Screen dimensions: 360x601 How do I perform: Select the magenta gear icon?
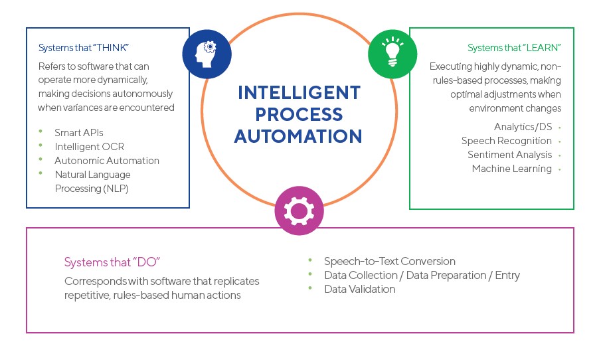click(299, 210)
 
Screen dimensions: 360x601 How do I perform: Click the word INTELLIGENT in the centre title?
click(299, 92)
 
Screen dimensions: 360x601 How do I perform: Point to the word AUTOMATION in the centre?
click(299, 136)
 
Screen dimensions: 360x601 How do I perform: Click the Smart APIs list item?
click(79, 132)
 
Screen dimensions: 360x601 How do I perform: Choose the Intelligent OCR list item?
click(90, 146)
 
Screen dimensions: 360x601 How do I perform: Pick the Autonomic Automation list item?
click(107, 160)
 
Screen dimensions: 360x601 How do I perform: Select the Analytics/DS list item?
click(523, 127)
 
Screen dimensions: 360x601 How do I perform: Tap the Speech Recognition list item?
click(507, 141)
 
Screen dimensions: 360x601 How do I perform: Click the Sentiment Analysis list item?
click(509, 155)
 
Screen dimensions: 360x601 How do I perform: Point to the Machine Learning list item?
click(512, 169)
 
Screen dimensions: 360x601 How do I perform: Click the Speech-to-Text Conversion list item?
click(390, 261)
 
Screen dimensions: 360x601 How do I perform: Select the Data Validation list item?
click(359, 289)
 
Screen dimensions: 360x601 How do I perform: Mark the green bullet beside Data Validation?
click(310, 288)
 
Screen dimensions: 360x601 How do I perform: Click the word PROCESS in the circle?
click(298, 114)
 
